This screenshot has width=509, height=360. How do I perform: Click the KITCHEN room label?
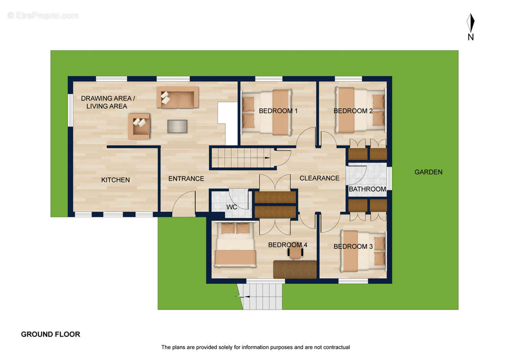click(x=115, y=180)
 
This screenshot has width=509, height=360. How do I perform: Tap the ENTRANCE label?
click(x=186, y=179)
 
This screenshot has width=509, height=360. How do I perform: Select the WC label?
click(x=232, y=207)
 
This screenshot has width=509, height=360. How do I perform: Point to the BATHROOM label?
click(x=367, y=189)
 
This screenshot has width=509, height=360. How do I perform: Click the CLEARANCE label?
click(x=319, y=178)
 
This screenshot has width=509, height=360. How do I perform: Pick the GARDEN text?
click(x=428, y=172)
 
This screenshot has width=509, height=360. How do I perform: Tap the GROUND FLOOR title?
click(x=50, y=334)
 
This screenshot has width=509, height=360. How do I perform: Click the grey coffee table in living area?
click(x=177, y=126)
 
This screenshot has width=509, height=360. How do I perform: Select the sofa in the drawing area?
click(x=178, y=97)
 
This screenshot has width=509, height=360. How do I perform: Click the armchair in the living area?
click(x=139, y=126)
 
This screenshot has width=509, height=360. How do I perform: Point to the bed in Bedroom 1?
click(x=267, y=112)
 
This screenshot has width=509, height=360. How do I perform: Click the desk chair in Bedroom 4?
click(x=295, y=253)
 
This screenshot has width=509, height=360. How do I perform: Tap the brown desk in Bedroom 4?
click(x=295, y=270)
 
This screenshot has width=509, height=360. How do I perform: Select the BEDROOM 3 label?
click(x=353, y=247)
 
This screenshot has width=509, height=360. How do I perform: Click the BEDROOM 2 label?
click(x=353, y=111)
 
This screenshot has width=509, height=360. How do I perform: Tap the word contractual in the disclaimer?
click(x=337, y=347)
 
